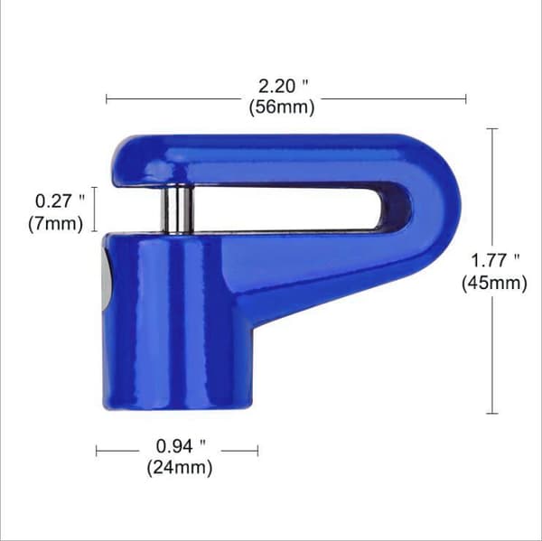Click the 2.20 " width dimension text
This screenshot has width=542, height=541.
tap(283, 86)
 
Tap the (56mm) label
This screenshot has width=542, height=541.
tap(282, 107)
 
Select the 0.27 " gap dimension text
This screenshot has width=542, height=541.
tap(60, 201)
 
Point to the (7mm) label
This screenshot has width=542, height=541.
tap(56, 224)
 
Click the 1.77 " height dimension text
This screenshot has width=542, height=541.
tap(495, 260)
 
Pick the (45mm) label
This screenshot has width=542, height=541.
tap(495, 283)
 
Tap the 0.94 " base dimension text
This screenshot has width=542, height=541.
tap(181, 446)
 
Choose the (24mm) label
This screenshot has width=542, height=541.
tap(180, 468)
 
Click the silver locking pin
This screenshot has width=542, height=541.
tap(178, 210)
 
